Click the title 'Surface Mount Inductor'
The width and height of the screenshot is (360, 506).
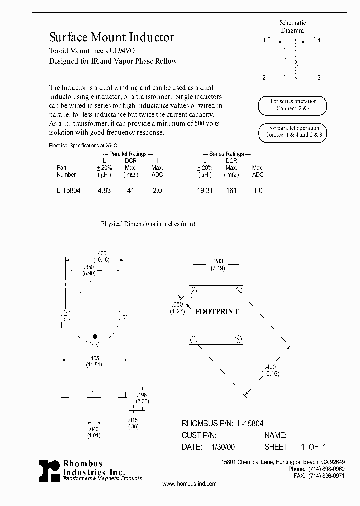click(111, 37)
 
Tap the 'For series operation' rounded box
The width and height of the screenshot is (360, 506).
click(293, 105)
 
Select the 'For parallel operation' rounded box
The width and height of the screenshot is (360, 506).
click(293, 131)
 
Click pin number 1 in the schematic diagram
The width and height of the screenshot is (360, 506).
click(264, 40)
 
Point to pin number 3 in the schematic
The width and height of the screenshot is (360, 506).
click(318, 78)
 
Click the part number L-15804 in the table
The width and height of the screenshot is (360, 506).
click(69, 191)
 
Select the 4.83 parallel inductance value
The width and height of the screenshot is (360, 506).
click(104, 191)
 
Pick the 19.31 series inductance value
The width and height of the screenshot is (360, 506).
click(205, 191)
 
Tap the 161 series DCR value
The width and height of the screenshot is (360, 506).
click(231, 191)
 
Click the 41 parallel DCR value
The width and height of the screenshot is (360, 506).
click(131, 191)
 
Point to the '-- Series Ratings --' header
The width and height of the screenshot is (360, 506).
click(226, 154)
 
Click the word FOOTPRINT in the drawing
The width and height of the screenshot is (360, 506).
click(217, 311)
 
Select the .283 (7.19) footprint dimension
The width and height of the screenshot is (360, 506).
click(218, 264)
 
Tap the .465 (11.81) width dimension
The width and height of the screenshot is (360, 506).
click(93, 362)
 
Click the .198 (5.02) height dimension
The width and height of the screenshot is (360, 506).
click(143, 398)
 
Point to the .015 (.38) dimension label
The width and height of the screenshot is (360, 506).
click(132, 423)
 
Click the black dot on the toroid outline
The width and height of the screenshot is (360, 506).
click(94, 336)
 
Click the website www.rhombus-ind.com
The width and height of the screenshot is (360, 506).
click(190, 484)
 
